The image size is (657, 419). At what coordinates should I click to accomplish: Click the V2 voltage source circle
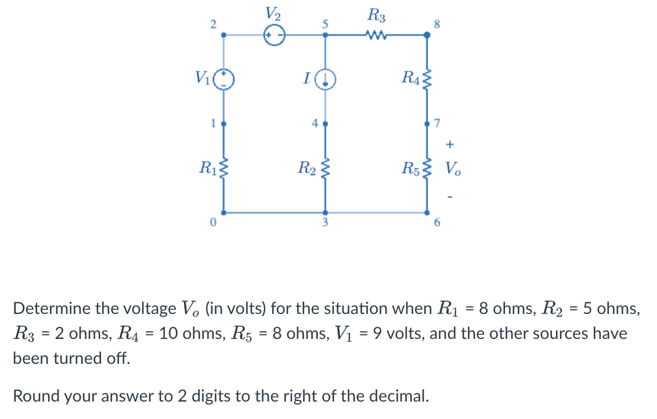[273, 35]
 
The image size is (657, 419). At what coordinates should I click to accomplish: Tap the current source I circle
[326, 78]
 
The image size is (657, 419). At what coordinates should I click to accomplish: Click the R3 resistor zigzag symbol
[377, 35]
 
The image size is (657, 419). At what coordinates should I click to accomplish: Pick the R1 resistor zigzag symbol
[224, 169]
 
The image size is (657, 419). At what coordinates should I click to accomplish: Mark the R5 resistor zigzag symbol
[428, 169]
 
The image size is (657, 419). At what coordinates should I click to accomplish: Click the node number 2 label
[213, 24]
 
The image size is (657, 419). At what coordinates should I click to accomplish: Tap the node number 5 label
[326, 24]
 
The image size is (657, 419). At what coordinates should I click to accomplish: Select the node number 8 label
[437, 24]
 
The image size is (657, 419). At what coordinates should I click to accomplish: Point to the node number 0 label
[213, 222]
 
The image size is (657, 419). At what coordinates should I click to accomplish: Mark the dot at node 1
[224, 124]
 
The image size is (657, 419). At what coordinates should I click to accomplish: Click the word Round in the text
[36, 396]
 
